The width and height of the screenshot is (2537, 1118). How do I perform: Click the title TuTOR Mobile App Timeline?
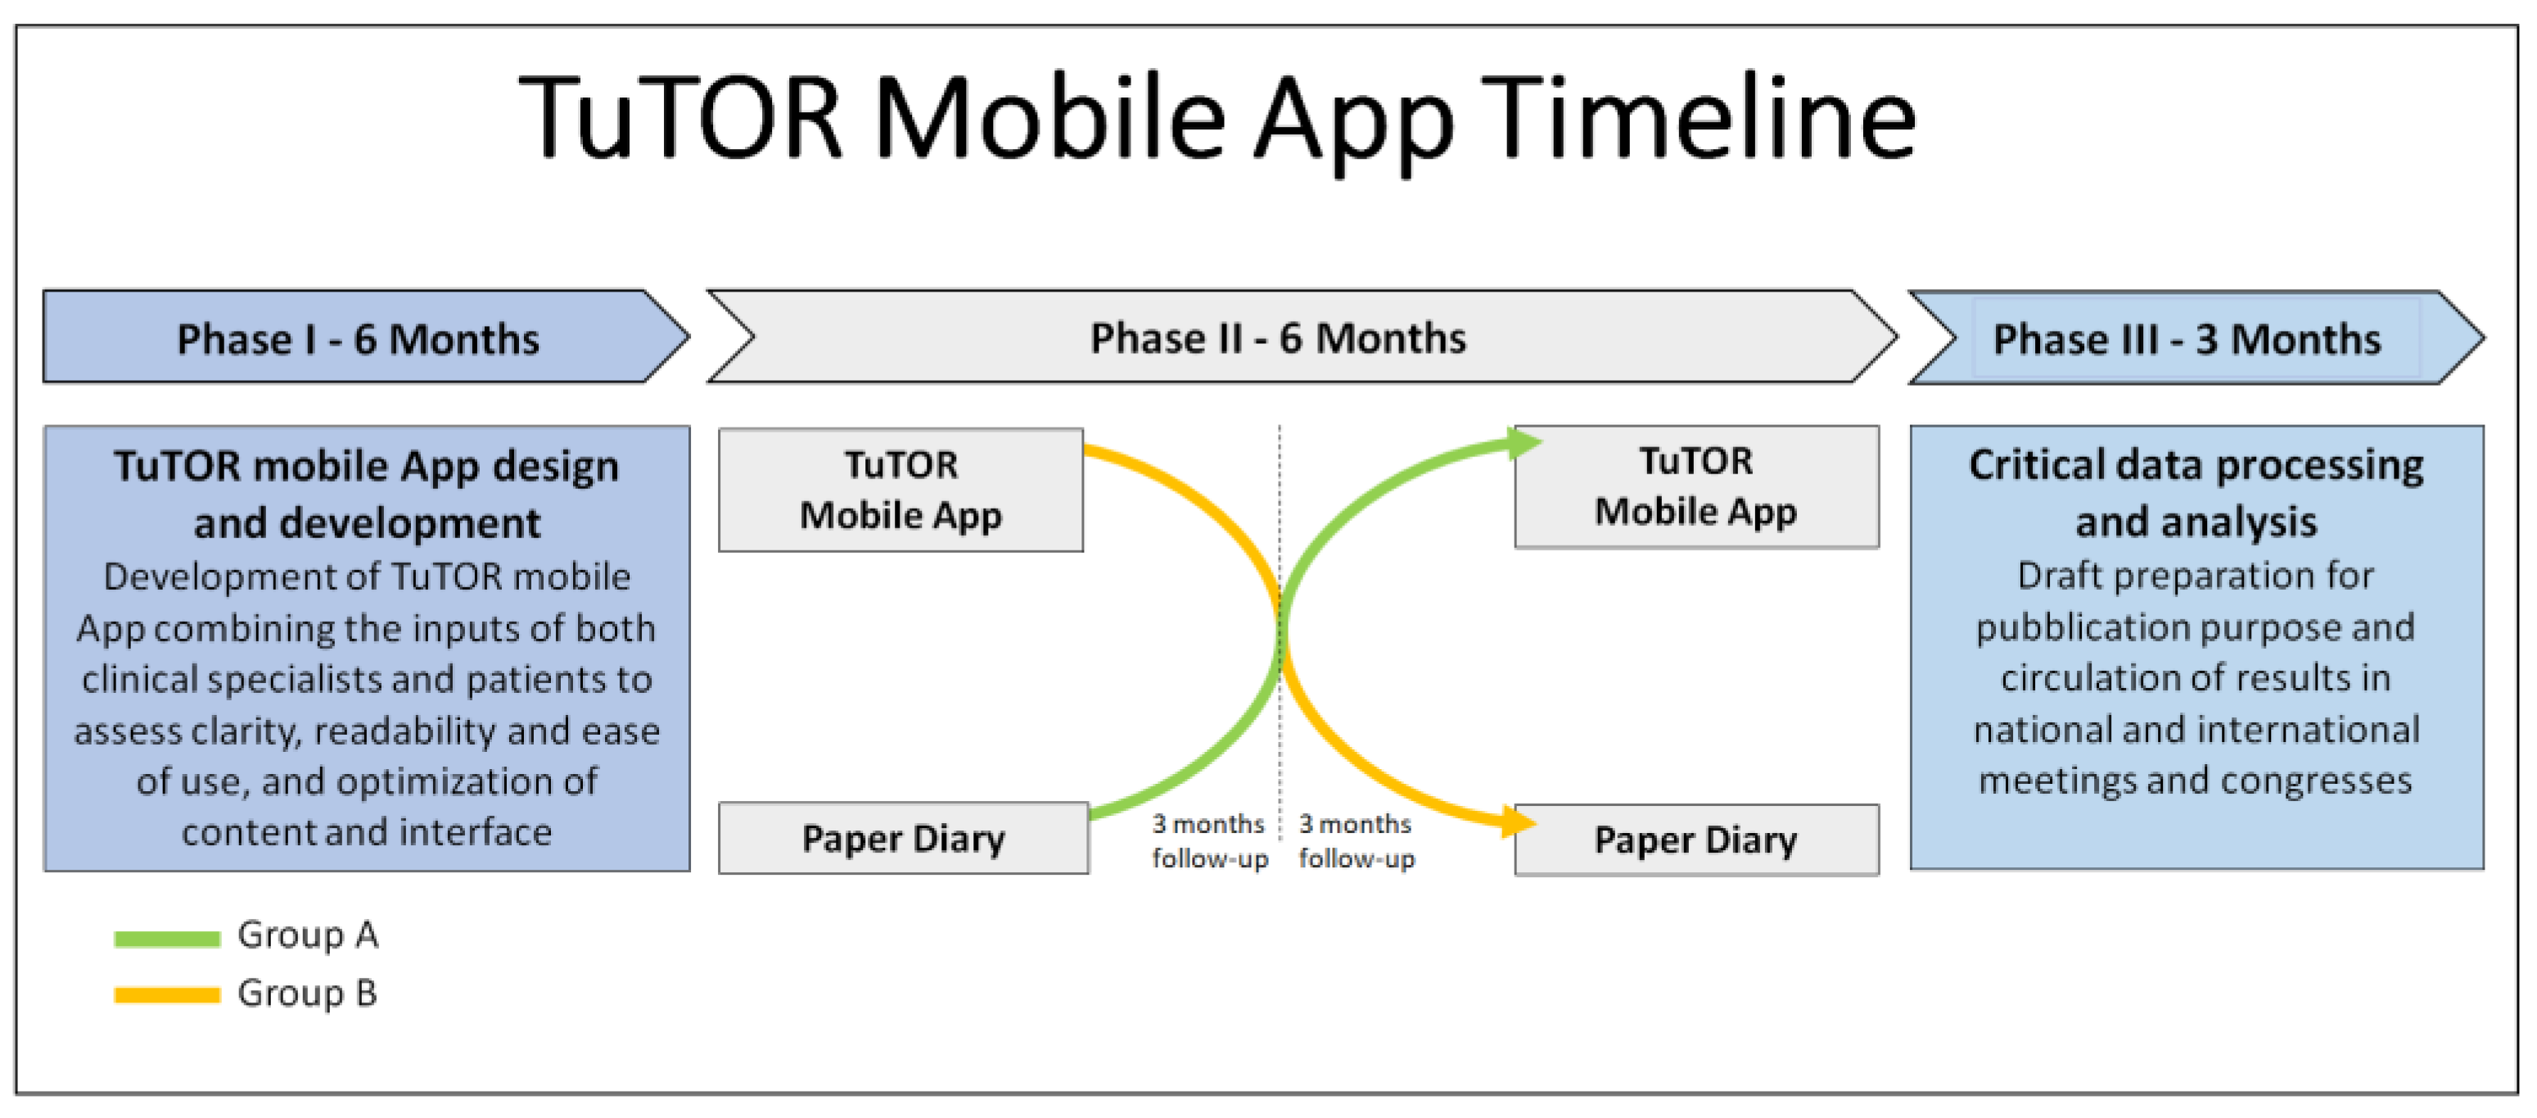1217,120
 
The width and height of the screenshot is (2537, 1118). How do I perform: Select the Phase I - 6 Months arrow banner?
365,337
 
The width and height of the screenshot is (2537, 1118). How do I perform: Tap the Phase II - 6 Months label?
1277,338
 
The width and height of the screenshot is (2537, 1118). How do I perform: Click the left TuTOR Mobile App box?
901,490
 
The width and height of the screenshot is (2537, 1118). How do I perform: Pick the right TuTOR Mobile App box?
1696,487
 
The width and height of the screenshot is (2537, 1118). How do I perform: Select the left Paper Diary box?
903,838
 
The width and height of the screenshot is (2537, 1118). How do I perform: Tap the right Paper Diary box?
1696,840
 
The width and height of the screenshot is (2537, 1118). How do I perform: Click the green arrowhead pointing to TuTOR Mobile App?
1524,443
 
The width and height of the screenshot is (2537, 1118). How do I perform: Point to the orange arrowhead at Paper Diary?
1519,822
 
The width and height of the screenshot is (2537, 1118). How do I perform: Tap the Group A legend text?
307,935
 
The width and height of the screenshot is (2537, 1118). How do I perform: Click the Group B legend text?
307,993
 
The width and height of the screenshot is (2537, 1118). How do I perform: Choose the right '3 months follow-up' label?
1357,841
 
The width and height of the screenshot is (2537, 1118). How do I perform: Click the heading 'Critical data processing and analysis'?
2196,492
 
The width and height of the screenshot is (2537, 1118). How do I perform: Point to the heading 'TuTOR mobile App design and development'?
367,495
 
